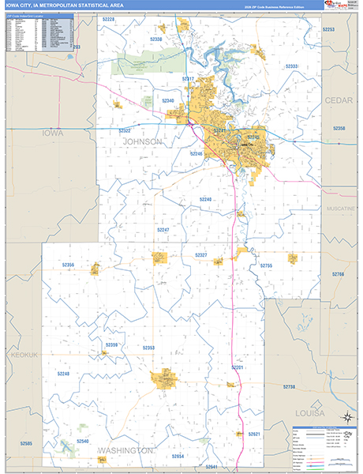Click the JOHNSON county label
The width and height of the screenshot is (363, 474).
pos(143,141)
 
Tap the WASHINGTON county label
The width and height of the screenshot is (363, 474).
pos(125,450)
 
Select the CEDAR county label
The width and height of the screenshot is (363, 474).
pos(338,100)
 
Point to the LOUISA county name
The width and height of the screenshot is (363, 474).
pos(332,412)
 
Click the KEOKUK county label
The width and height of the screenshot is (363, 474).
pos(24,355)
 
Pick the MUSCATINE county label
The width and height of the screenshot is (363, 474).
pos(341,209)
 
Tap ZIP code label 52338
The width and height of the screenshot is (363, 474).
pos(156,39)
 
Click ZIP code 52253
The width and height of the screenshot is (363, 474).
pos(328,29)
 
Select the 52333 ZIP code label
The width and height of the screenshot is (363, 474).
pos(291,66)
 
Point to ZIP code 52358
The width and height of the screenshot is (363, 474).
pos(339,128)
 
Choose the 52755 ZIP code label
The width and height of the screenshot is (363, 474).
pos(266,266)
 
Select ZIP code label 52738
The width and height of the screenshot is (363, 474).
pos(289,386)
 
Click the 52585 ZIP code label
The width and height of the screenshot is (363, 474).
pos(26,444)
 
